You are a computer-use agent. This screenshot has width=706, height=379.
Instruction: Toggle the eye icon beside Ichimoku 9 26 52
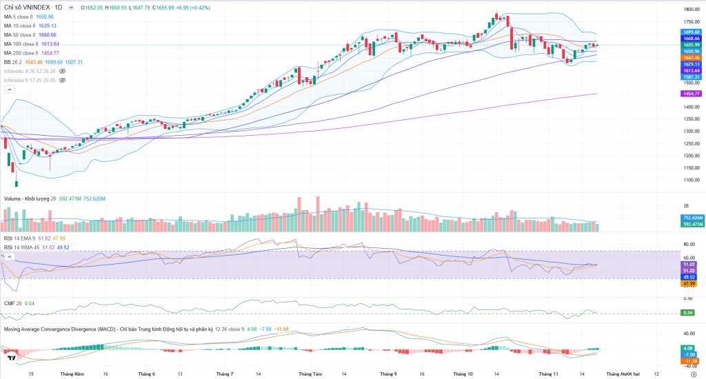click(x=62, y=71)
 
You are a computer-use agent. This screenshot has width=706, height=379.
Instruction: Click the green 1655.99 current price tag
click(x=692, y=45)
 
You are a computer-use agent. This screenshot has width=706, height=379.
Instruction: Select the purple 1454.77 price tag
click(x=692, y=93)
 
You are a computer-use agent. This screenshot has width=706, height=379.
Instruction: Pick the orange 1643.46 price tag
click(x=692, y=58)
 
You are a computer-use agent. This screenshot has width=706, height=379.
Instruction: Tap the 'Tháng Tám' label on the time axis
click(x=310, y=373)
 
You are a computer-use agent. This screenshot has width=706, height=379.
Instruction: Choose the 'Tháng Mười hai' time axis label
click(x=623, y=373)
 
